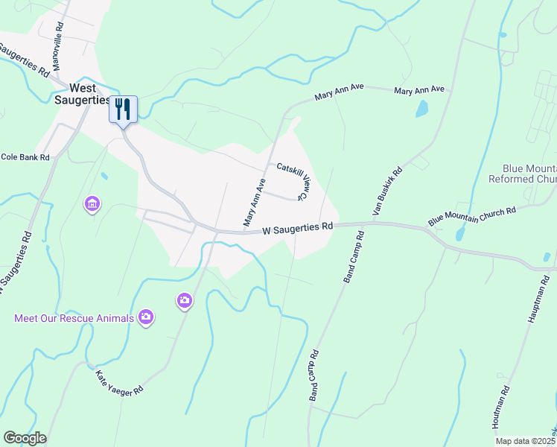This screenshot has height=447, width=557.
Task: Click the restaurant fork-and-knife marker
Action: click(x=124, y=110)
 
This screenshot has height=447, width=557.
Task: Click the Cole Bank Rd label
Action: click(x=25, y=157)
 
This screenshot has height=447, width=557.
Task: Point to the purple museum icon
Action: click(x=92, y=203)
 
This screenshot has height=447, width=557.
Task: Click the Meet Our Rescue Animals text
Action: click(x=74, y=318)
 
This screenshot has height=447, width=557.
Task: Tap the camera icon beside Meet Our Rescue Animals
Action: click(x=146, y=317)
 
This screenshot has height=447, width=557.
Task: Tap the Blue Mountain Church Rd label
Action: click(x=472, y=217)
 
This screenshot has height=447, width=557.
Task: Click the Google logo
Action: click(x=25, y=438)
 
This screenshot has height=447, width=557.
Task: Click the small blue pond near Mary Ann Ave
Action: click(x=422, y=110)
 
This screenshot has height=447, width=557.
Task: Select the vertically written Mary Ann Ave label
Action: click(x=254, y=202)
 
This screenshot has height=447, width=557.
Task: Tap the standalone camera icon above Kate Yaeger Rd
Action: click(x=184, y=300)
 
